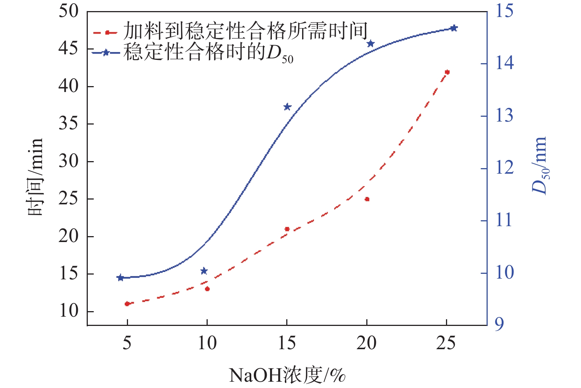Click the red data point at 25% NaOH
(447, 72)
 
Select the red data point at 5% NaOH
(127, 304)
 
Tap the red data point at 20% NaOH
(367, 199)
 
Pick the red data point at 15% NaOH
(287, 229)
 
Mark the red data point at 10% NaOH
(207, 289)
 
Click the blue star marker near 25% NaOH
(454, 28)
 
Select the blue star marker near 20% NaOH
(371, 44)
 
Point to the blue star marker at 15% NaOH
(287, 107)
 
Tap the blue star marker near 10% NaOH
(204, 271)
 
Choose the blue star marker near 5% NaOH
(120, 278)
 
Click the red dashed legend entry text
(245, 31)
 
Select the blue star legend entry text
(208, 52)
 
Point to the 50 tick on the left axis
(69, 11)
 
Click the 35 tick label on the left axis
(69, 124)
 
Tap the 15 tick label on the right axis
(504, 11)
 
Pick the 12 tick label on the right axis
(504, 168)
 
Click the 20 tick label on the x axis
(367, 344)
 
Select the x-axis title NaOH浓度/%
(287, 375)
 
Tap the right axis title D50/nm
(539, 165)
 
